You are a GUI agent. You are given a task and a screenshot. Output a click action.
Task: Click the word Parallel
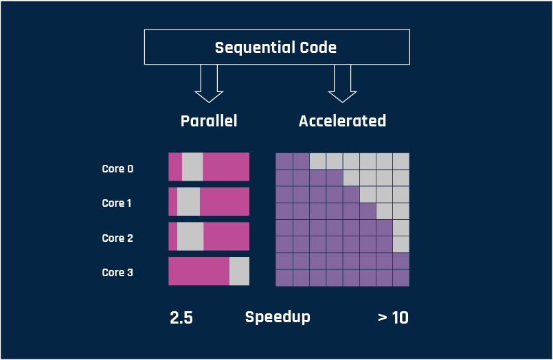209,121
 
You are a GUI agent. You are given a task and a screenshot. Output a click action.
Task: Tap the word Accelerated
342,121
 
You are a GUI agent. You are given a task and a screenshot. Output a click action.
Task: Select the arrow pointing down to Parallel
209,84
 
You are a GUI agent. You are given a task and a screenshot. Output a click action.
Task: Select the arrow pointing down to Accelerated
342,84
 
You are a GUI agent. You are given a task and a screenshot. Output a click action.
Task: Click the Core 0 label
117,168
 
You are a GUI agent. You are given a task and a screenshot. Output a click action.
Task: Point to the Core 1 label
116,203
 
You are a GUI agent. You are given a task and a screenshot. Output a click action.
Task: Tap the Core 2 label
117,238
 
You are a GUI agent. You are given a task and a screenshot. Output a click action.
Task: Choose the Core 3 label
117,272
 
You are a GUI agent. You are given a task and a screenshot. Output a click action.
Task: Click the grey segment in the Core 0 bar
192,167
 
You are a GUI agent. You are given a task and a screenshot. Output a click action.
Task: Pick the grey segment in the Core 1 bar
188,201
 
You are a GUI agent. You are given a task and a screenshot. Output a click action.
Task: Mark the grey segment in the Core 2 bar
190,236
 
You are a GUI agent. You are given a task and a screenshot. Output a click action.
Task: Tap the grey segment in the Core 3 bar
239,271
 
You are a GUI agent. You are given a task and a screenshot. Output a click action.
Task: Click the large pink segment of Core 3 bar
199,271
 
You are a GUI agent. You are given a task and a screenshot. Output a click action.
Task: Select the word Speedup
278,317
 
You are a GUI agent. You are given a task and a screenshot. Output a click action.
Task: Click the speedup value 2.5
181,317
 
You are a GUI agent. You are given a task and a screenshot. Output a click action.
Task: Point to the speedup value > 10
393,317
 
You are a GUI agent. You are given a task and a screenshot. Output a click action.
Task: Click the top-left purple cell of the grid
284,161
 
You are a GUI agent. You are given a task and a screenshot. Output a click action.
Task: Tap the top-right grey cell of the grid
401,161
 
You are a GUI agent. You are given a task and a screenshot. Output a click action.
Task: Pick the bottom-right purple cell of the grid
401,278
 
